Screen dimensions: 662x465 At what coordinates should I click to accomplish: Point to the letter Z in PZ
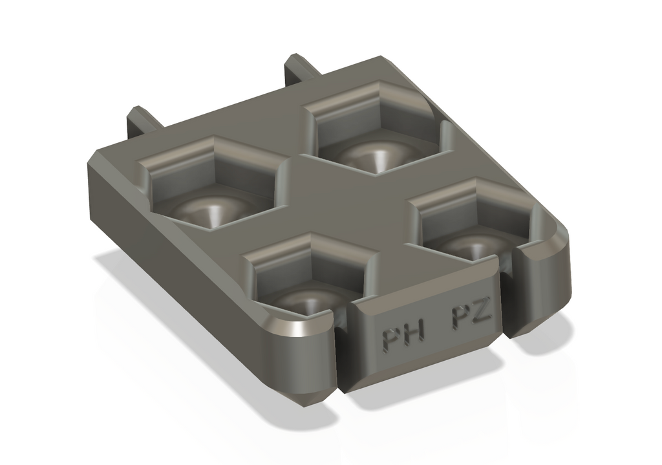(x=482, y=312)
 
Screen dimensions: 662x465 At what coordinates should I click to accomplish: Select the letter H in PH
(x=414, y=334)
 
